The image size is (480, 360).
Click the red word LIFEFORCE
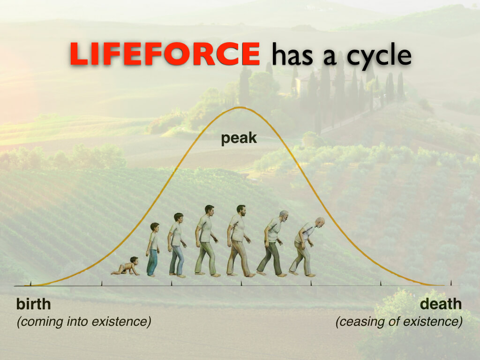pyautogui.click(x=165, y=54)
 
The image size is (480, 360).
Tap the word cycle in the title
pyautogui.click(x=379, y=56)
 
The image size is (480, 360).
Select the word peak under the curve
pyautogui.click(x=239, y=139)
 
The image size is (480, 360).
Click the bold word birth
pyautogui.click(x=33, y=304)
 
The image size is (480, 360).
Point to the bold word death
pyautogui.click(x=441, y=304)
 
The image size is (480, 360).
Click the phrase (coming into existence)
pyautogui.click(x=84, y=322)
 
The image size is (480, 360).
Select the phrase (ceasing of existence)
pyautogui.click(x=399, y=322)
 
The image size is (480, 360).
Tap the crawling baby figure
pyautogui.click(x=126, y=266)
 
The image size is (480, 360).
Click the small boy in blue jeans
pyautogui.click(x=152, y=249)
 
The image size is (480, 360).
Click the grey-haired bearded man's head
pyautogui.click(x=284, y=216)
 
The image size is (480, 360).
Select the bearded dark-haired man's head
pyautogui.click(x=241, y=210)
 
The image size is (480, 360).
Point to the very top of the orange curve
pyautogui.click(x=241, y=107)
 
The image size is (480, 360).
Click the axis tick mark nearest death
pyautogui.click(x=450, y=283)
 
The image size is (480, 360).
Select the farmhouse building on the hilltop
pyautogui.click(x=307, y=82)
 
